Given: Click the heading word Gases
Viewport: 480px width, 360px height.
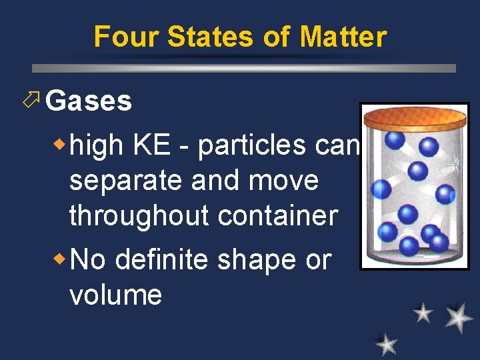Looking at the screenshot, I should click(89, 101).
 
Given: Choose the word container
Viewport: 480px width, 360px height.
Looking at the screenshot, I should click(289, 216).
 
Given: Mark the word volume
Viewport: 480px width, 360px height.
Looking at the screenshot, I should click(115, 294).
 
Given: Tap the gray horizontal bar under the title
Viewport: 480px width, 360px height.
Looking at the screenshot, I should click(244, 68).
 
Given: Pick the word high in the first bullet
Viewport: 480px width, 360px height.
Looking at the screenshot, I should click(95, 145).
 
